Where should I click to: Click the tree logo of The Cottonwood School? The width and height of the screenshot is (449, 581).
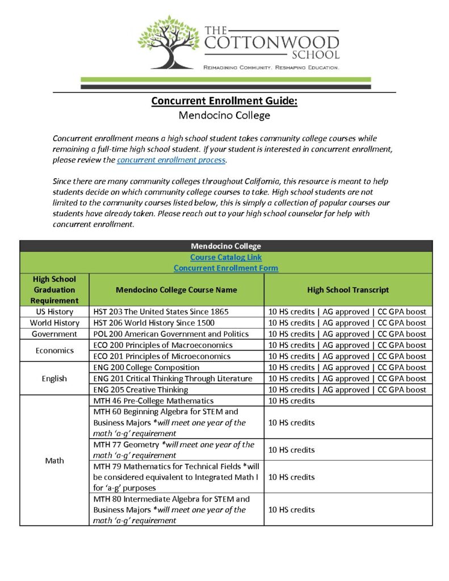coord(169,42)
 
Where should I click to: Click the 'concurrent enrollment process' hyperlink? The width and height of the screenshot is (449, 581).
coord(171,161)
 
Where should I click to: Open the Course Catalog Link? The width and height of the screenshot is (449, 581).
coord(225,257)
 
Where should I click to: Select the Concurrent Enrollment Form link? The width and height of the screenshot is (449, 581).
coord(225,268)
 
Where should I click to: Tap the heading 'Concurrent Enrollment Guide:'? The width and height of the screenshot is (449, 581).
coord(224,101)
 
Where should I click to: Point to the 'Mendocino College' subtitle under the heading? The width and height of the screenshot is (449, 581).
coord(224,116)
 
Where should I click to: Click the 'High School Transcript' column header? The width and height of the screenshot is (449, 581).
coord(347,289)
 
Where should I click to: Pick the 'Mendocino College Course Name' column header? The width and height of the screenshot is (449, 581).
coord(176,289)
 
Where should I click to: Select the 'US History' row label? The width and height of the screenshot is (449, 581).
coord(54,311)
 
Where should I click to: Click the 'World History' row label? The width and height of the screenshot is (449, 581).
coord(54,323)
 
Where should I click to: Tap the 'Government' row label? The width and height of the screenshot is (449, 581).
coord(54,334)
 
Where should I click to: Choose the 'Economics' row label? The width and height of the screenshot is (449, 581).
coord(54,351)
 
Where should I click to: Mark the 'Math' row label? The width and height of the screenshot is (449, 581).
coord(54,460)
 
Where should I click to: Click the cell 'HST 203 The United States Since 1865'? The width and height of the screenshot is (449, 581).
coord(157,311)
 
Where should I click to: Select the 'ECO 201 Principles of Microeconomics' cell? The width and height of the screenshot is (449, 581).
coord(162,356)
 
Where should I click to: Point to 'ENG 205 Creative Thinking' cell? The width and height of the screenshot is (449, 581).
coord(140,390)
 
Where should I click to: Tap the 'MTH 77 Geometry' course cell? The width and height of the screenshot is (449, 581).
coord(173,449)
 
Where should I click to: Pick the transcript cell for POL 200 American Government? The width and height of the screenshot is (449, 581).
coord(347,334)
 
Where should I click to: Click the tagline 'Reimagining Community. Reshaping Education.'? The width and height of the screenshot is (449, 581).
coord(271,68)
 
